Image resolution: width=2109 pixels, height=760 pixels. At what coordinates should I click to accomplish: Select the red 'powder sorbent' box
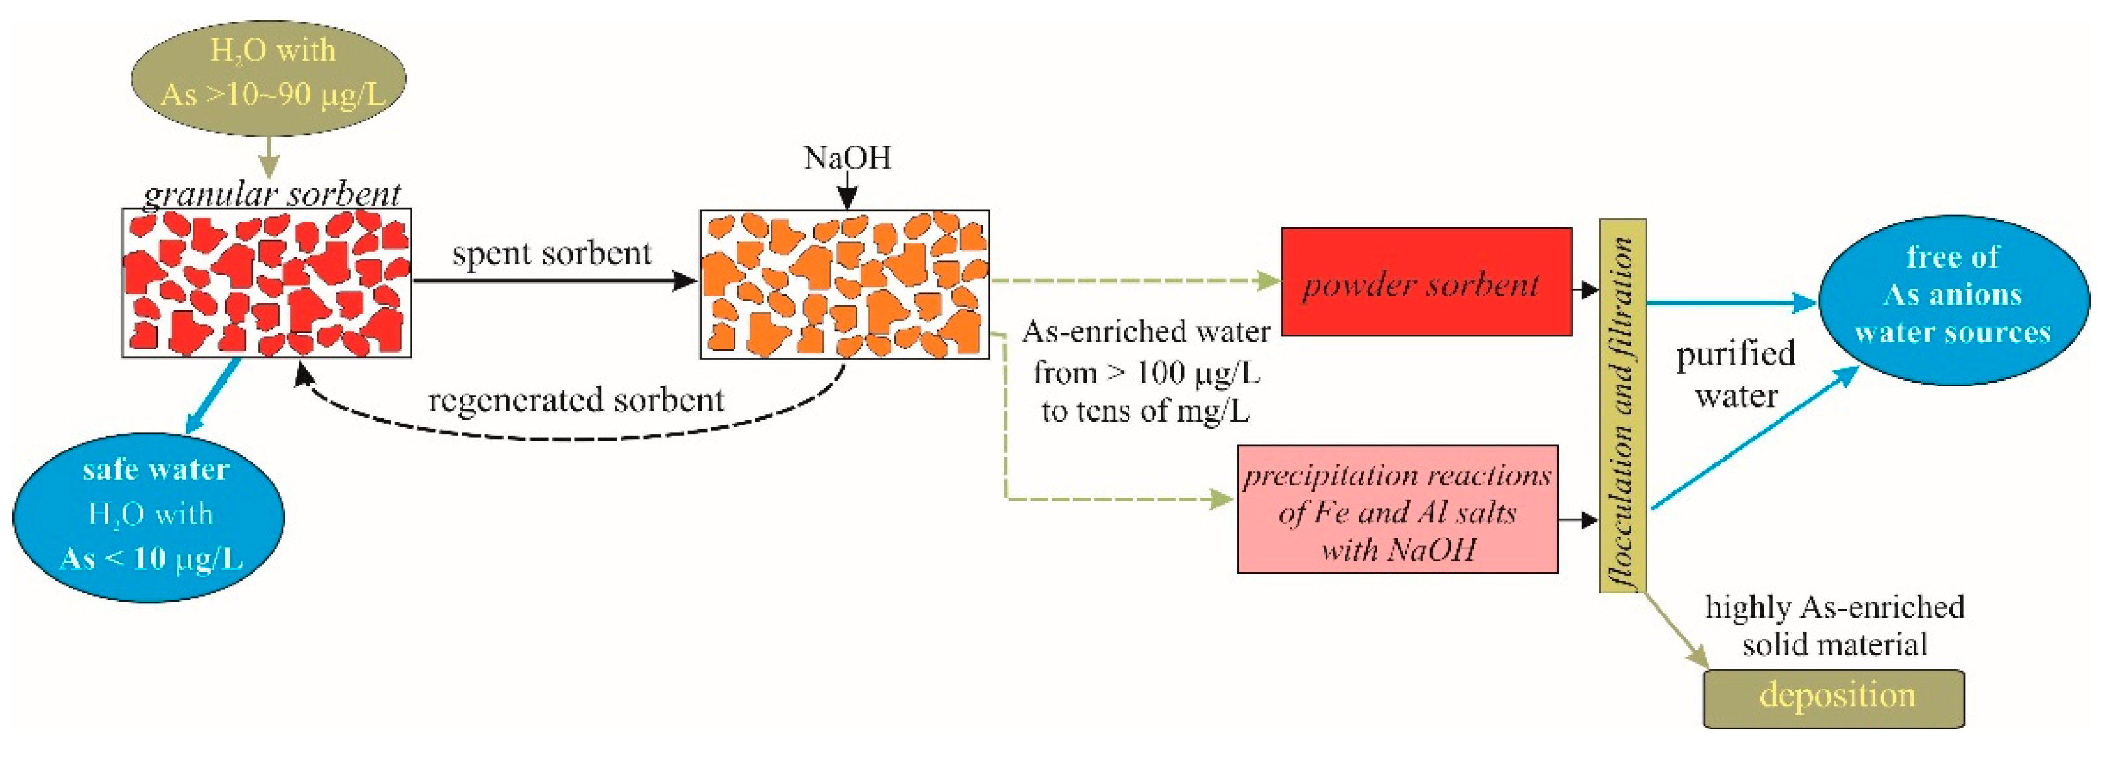coord(1425,282)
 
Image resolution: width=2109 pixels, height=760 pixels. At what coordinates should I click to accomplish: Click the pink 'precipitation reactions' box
coord(1397,509)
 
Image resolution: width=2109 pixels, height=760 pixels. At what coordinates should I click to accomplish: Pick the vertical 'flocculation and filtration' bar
coord(1623,405)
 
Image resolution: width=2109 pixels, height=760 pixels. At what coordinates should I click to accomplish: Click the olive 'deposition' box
coord(1834,698)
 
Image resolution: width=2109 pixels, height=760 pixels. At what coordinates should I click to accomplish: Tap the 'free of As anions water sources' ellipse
coord(1953,299)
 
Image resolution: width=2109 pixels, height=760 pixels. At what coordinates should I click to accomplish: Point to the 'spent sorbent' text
coord(552,254)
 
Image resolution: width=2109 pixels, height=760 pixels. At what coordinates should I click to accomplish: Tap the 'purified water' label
coord(1736,374)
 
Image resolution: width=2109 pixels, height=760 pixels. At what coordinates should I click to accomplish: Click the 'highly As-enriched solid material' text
coord(1834,626)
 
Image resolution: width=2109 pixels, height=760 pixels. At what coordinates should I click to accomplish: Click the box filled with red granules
coord(266,283)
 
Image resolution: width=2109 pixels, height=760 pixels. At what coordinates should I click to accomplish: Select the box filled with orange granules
coord(844,284)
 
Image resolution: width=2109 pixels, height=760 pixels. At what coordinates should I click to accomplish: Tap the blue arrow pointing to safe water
coord(211,396)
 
